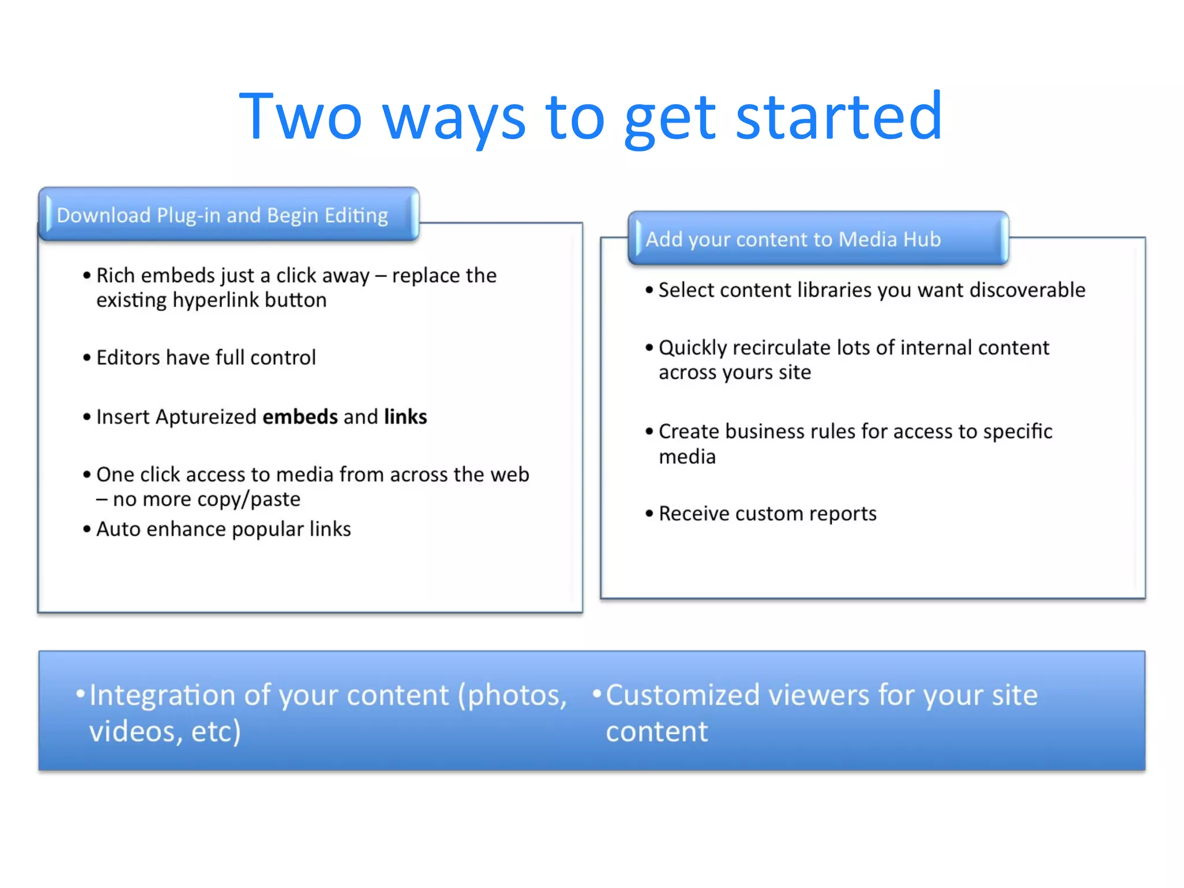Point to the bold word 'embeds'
[300, 417]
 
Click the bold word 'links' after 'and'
[405, 417]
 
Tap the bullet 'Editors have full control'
[206, 358]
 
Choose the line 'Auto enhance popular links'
[223, 529]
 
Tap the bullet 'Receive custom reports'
[767, 513]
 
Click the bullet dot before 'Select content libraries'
[649, 290]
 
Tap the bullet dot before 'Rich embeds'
[87, 276]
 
